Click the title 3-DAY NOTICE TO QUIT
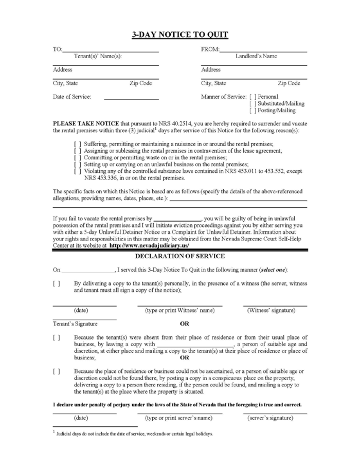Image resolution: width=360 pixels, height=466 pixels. click(179, 35)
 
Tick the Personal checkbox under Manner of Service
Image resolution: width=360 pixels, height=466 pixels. click(252, 96)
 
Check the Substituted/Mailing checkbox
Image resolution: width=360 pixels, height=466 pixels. click(252, 103)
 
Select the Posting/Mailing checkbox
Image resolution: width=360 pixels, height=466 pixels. click(252, 110)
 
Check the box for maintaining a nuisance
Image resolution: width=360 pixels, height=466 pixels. click(77, 144)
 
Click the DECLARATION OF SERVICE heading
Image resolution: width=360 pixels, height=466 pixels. click(179, 256)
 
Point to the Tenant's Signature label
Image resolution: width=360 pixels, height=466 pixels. click(74, 324)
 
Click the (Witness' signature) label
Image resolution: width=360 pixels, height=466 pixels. click(271, 310)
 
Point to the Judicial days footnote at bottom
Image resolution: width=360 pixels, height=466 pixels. click(134, 434)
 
